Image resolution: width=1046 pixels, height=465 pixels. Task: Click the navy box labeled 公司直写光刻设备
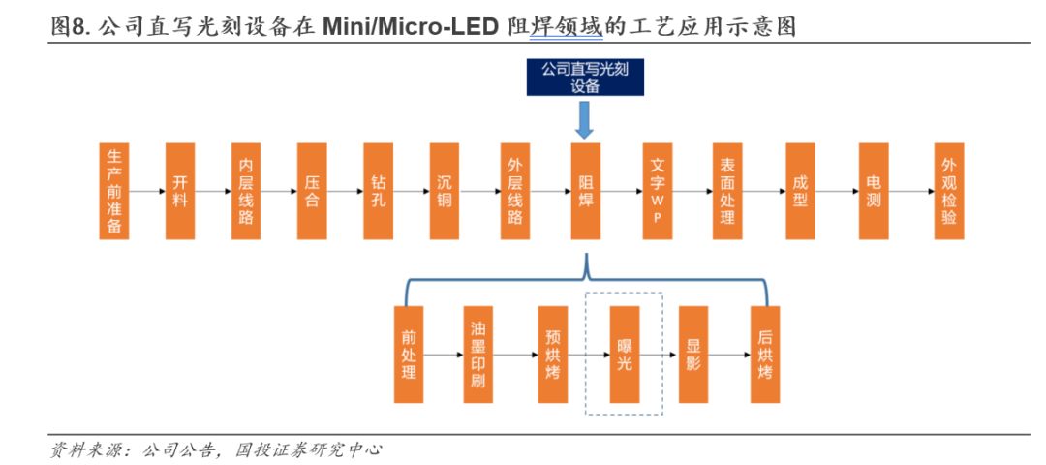pyautogui.click(x=584, y=77)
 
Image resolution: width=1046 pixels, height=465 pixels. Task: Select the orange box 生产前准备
pyautogui.click(x=114, y=191)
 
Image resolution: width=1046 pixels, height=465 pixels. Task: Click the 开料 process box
pyautogui.click(x=180, y=191)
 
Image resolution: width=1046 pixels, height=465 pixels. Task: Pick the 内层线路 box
pyautogui.click(x=246, y=191)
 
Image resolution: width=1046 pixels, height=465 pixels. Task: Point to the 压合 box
pyautogui.click(x=312, y=191)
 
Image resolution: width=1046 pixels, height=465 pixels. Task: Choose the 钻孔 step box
pyautogui.click(x=379, y=191)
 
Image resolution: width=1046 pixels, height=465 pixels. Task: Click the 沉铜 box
pyautogui.click(x=445, y=191)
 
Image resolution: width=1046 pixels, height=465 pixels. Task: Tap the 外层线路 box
pyautogui.click(x=515, y=191)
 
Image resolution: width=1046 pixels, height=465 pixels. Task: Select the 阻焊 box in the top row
pyautogui.click(x=585, y=191)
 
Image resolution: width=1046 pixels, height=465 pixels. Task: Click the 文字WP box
pyautogui.click(x=657, y=191)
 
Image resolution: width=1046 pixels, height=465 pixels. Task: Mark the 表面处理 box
pyautogui.click(x=727, y=191)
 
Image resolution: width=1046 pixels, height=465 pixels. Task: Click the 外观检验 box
pyautogui.click(x=948, y=191)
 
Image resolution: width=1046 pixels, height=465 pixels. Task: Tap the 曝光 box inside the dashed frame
pyautogui.click(x=624, y=355)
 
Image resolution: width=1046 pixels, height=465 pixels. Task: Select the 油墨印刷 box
pyautogui.click(x=478, y=355)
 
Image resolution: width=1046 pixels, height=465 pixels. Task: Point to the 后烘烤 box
pyautogui.click(x=765, y=355)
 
